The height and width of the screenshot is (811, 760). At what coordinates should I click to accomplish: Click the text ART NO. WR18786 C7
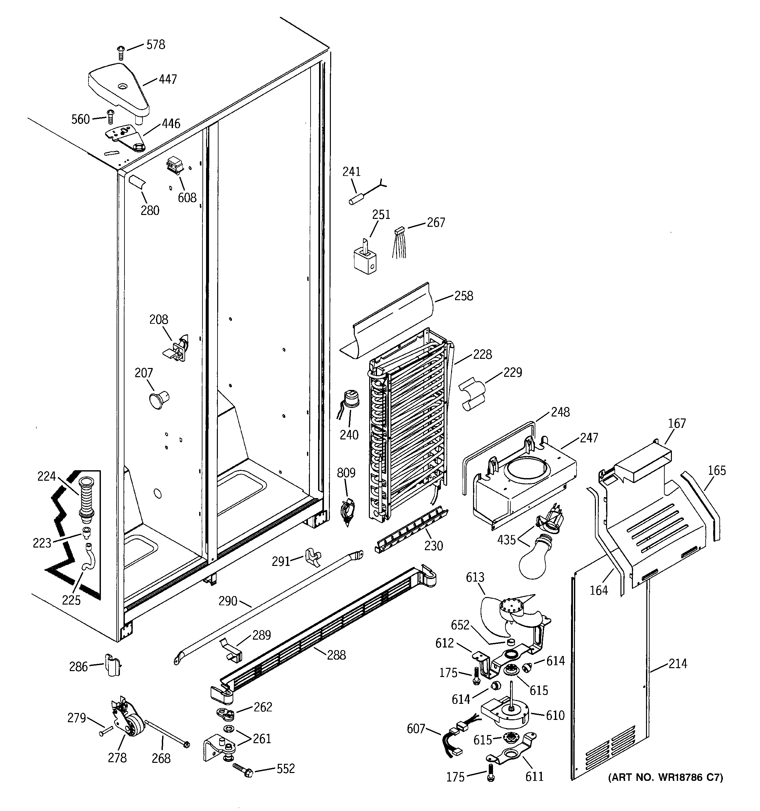(665, 778)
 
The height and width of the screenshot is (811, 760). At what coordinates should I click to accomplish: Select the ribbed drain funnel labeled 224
(85, 499)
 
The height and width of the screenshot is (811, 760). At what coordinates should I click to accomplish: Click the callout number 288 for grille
(336, 655)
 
